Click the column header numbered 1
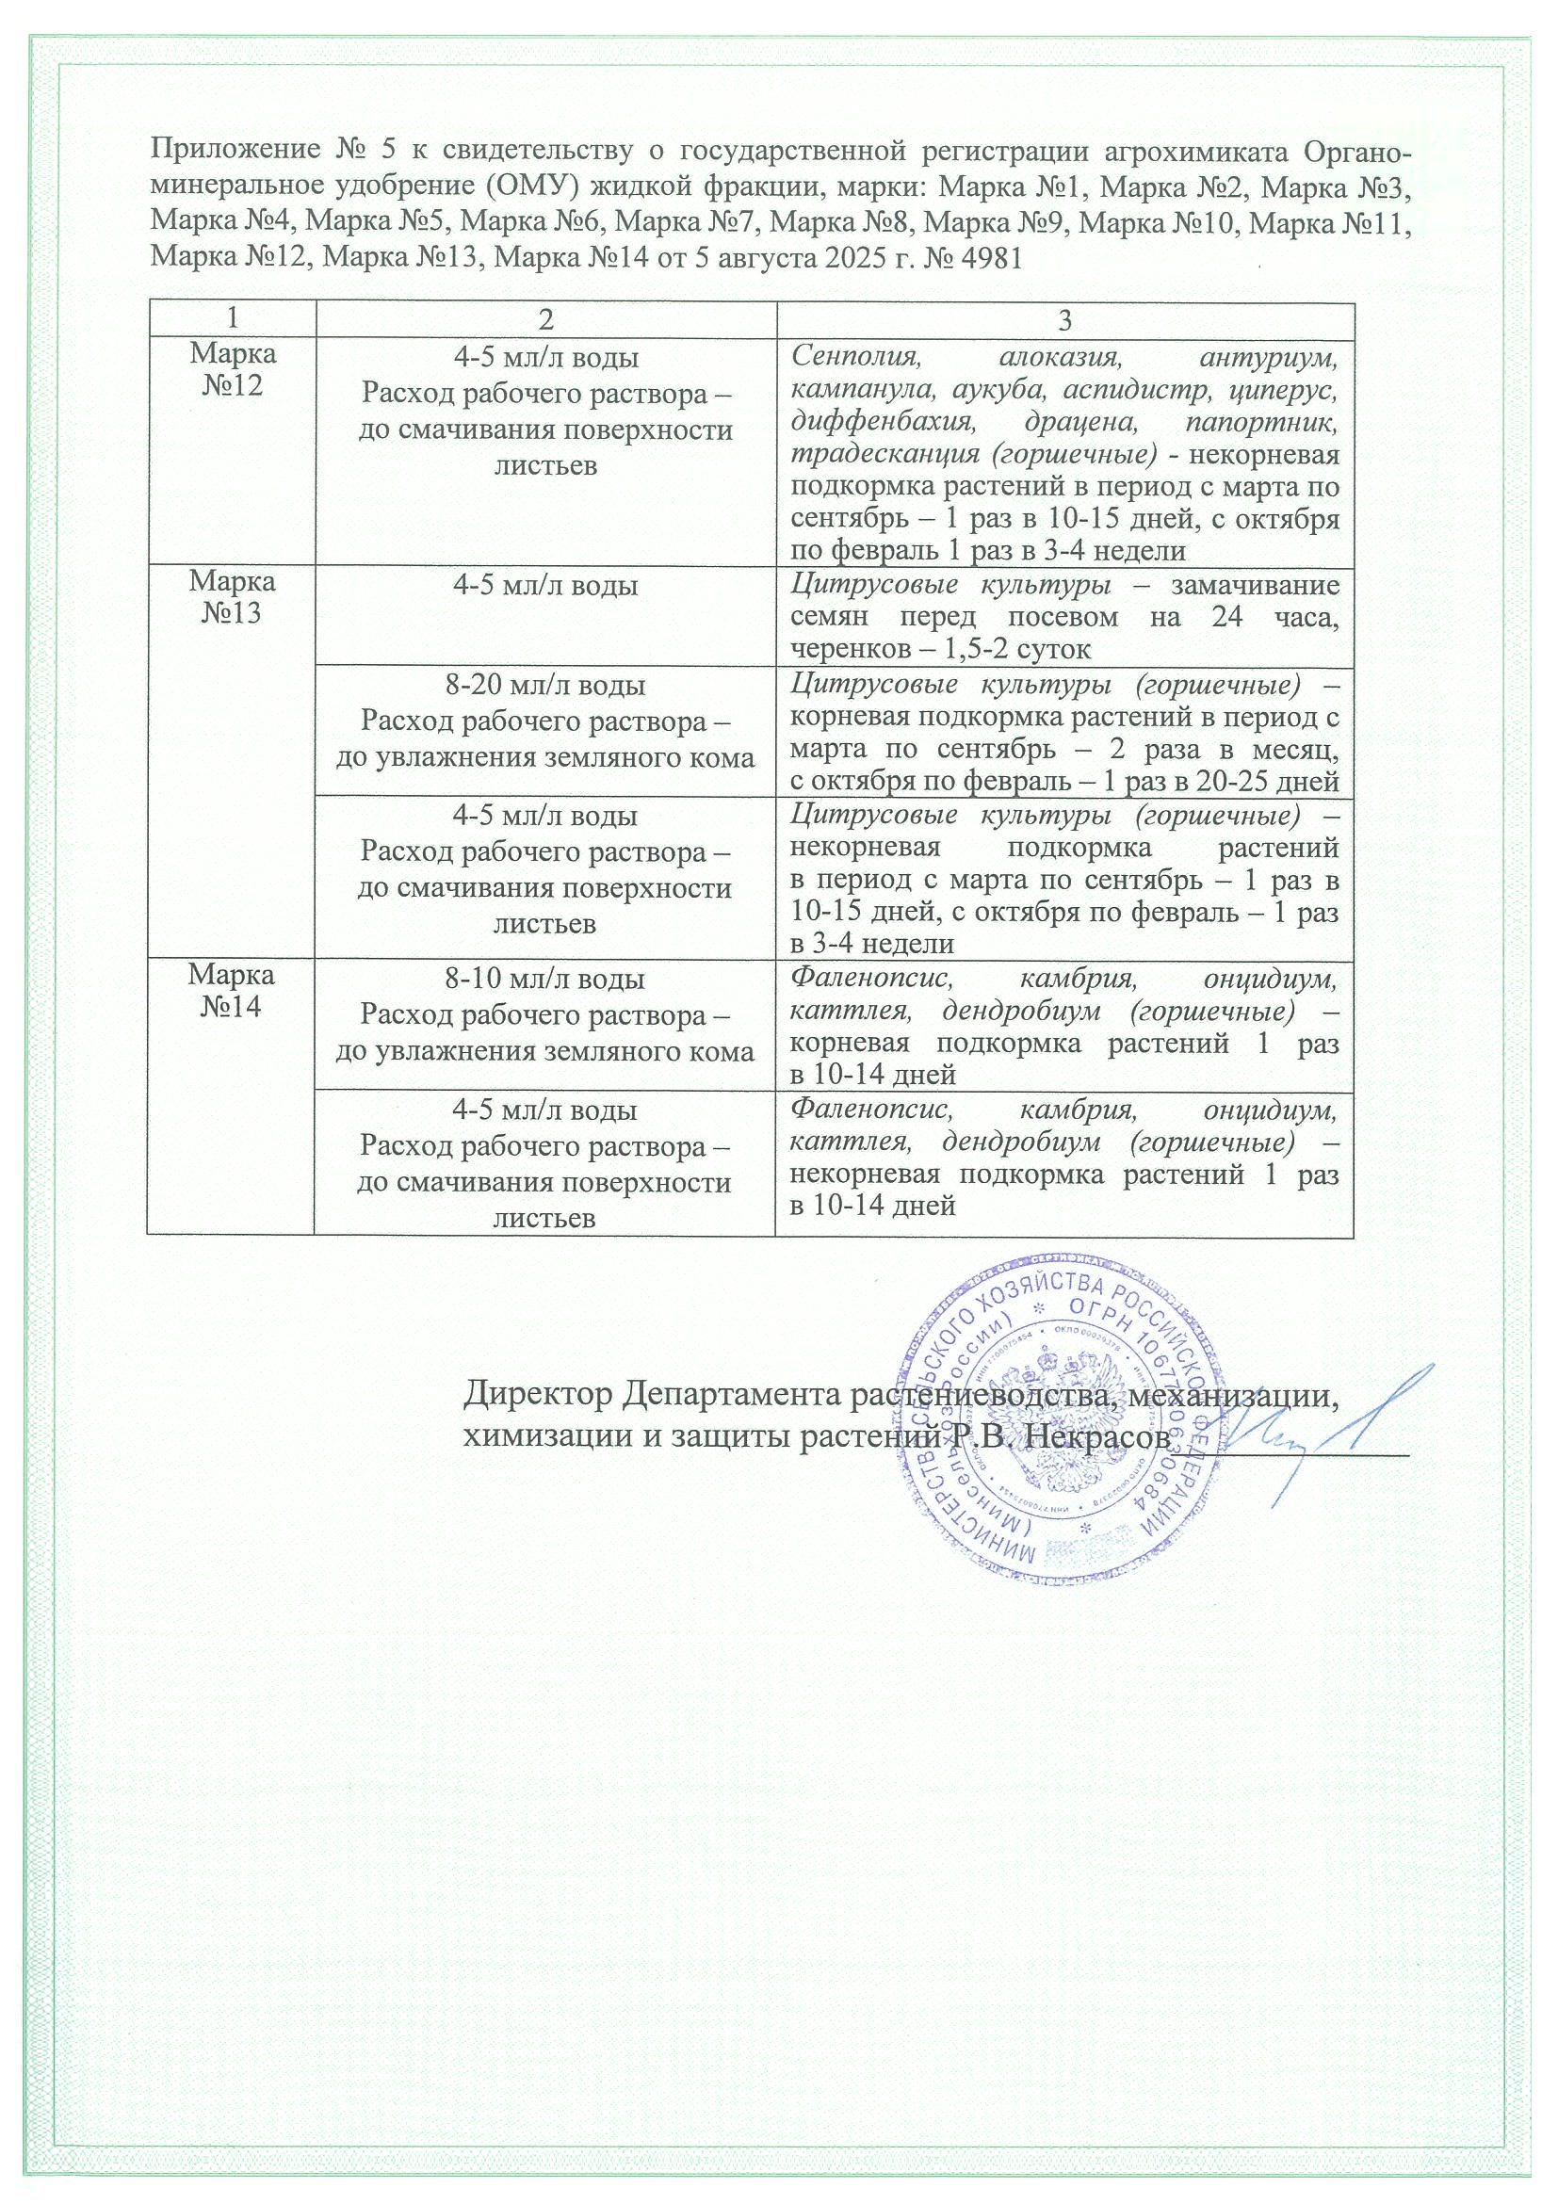point(231,320)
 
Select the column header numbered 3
point(1063,320)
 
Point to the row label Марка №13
point(232,597)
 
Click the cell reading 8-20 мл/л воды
point(545,686)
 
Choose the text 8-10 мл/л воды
point(545,979)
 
